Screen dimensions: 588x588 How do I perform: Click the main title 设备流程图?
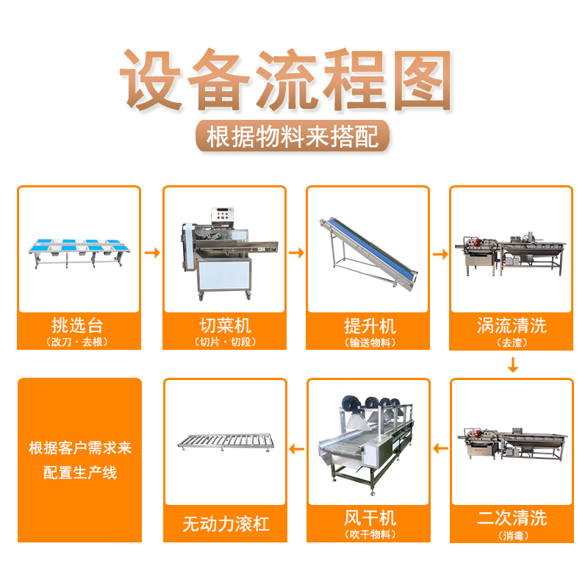[x=286, y=80]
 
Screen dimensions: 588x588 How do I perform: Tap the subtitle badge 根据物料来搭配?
[x=293, y=136]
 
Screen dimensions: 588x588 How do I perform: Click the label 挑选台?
[x=77, y=325]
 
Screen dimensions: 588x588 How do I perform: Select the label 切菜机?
[x=225, y=325]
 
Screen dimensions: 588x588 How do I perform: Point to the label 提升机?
[x=370, y=326]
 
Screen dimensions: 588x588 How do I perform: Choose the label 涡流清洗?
[x=512, y=325]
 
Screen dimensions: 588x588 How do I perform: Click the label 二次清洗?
[x=512, y=518]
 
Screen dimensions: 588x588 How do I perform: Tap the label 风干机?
[x=370, y=518]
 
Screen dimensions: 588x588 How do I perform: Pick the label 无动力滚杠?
[x=226, y=524]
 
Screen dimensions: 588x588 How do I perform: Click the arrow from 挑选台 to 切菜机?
[x=152, y=253]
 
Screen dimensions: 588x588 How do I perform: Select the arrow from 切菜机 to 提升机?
[x=296, y=253]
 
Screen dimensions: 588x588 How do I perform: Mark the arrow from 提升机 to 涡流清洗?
[x=440, y=254]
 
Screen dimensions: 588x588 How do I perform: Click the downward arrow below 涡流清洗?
[x=512, y=365]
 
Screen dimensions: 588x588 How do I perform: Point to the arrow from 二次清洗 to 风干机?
[x=440, y=448]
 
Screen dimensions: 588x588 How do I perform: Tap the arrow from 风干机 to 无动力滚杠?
[x=297, y=449]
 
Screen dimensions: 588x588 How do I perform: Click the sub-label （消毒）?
[x=513, y=536]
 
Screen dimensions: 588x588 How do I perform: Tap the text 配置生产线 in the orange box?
[x=80, y=472]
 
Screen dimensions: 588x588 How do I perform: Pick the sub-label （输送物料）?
[x=370, y=343]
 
